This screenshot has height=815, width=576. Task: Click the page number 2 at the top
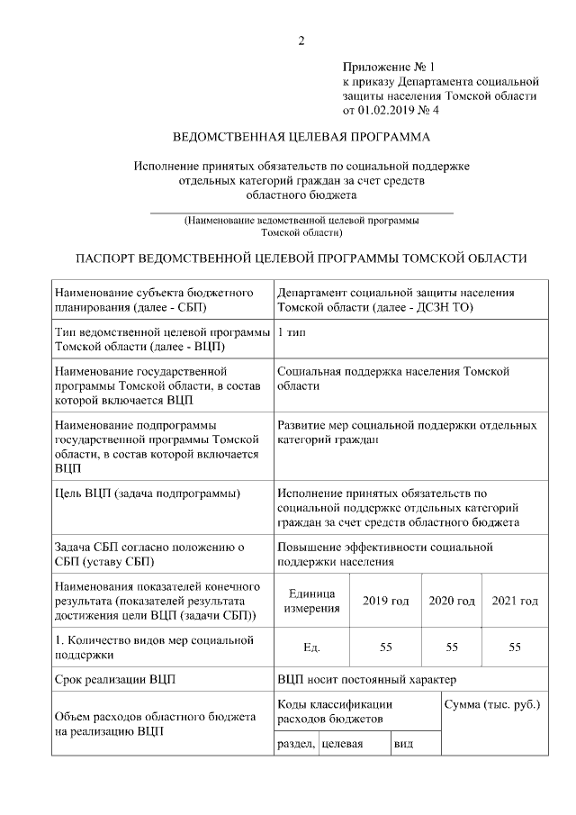click(x=302, y=41)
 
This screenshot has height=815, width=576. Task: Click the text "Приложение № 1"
click(x=388, y=67)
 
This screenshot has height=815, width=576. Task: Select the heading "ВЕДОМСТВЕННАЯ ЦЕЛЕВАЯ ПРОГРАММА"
click(x=301, y=137)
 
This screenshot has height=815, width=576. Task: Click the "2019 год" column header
click(x=385, y=601)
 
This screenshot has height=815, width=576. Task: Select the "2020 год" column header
click(x=452, y=601)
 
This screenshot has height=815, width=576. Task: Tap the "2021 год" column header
click(x=515, y=601)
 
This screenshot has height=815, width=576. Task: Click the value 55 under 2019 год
click(x=385, y=647)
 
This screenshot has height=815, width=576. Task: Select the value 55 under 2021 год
click(x=515, y=647)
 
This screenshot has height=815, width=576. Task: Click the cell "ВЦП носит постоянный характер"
click(x=367, y=679)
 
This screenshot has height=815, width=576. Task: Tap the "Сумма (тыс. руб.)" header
click(x=492, y=702)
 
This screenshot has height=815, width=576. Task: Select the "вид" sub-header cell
click(x=403, y=744)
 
